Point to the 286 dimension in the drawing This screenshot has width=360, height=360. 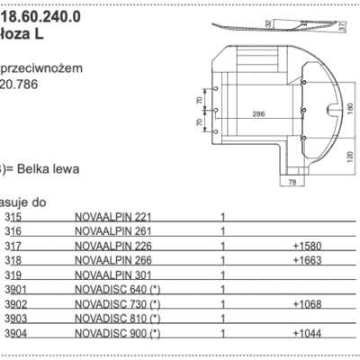(x=258, y=114)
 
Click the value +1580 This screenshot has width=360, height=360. (x=308, y=244)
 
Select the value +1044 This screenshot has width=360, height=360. (x=308, y=333)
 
